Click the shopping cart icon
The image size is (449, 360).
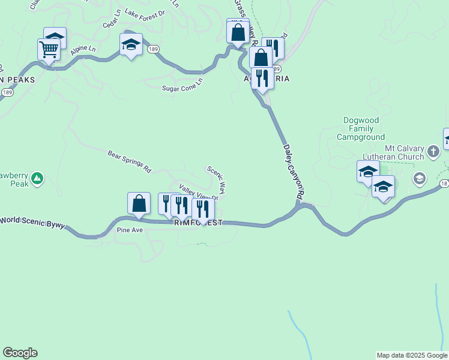[x=49, y=50]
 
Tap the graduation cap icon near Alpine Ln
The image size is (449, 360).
[x=130, y=44]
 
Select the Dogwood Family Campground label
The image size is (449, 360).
[x=361, y=128]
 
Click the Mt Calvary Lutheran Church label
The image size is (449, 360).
[x=405, y=152]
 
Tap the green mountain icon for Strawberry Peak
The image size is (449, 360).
[x=37, y=178]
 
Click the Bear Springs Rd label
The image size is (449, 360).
[x=129, y=163]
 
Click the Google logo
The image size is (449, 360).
[x=20, y=353]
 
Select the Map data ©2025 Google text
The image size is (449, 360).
[x=412, y=355]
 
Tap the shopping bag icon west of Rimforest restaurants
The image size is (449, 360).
[x=139, y=203]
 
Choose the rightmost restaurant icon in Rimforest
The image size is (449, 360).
[x=203, y=208]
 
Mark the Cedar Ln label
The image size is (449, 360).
[x=112, y=23]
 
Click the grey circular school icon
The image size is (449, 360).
[x=419, y=178]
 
